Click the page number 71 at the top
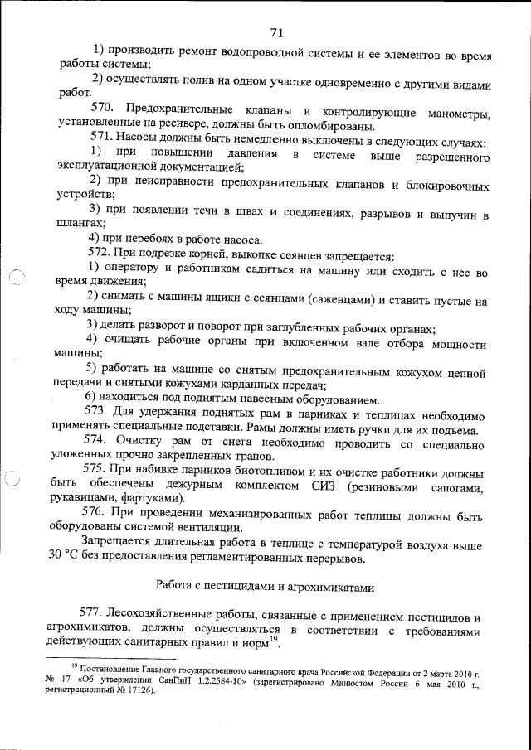pyautogui.click(x=276, y=32)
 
